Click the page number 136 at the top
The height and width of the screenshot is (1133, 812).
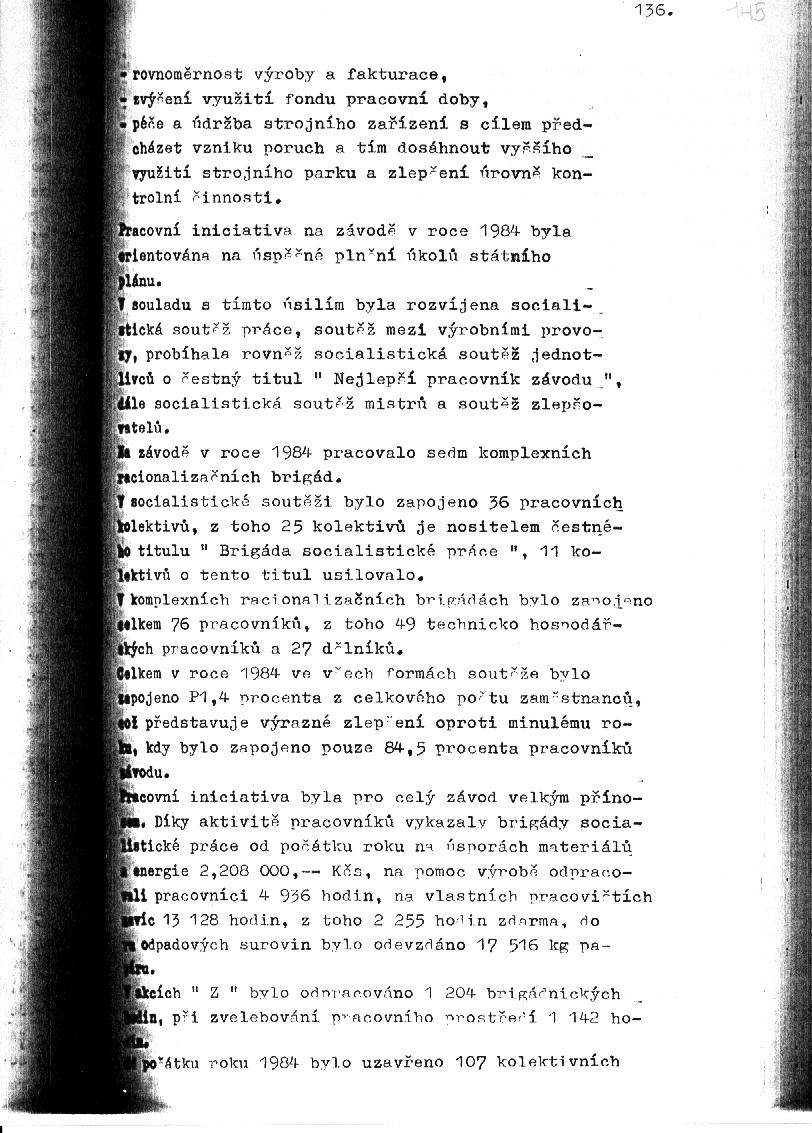point(654,12)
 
